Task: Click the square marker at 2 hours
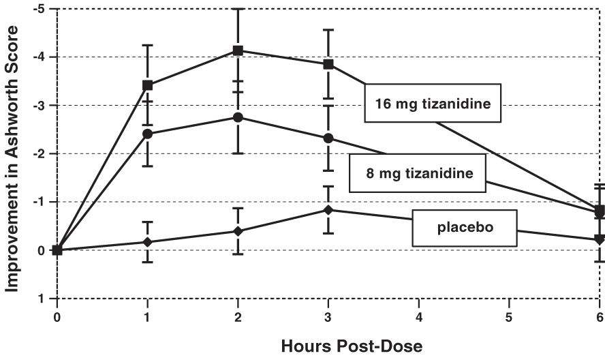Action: point(238,50)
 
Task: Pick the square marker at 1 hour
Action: point(148,85)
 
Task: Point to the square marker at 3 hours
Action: point(328,64)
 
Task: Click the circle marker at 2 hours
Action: point(238,117)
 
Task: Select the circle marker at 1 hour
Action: point(148,134)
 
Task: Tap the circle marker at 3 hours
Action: point(328,138)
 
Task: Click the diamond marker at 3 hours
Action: point(328,210)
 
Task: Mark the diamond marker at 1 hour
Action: point(148,242)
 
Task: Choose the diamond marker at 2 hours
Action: point(238,231)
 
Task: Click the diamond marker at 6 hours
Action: point(600,239)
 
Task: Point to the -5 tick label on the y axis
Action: point(42,9)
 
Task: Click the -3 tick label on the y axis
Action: point(42,105)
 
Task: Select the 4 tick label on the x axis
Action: point(419,317)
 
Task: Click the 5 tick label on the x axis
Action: point(509,317)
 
